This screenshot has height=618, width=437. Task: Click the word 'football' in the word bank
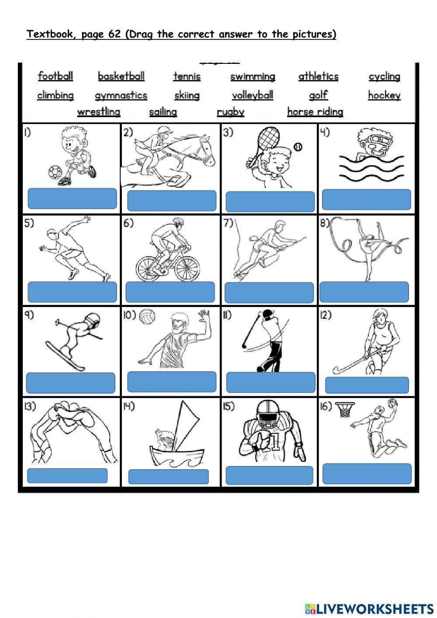[55, 77]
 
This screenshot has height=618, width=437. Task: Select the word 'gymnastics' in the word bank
[121, 95]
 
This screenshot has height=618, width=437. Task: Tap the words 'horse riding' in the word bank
[315, 112]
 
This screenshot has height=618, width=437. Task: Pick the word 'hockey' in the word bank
[384, 95]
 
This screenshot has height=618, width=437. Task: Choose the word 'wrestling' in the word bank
[99, 112]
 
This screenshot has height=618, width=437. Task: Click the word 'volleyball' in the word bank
[253, 95]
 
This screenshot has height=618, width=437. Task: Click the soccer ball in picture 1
[55, 172]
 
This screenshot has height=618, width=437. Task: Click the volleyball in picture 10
[147, 317]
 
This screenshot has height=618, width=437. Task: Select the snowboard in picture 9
[66, 356]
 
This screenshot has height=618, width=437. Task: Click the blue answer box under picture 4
[366, 199]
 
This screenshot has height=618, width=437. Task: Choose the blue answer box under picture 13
[67, 475]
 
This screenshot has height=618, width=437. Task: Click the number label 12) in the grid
[326, 315]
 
